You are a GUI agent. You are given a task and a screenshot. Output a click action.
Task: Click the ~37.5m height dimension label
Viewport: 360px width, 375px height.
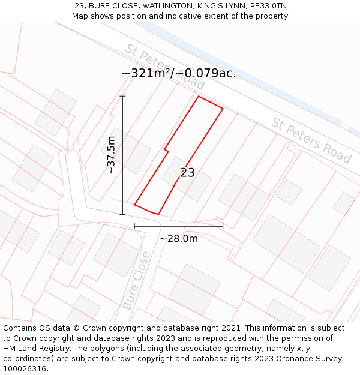[111, 155]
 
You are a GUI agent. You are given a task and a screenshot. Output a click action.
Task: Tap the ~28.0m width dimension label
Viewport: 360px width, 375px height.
[178, 238]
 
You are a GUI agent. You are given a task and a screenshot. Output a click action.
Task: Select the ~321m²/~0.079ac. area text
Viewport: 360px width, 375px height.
[178, 73]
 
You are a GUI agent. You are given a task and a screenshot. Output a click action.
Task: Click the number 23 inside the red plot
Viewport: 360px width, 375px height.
[187, 173]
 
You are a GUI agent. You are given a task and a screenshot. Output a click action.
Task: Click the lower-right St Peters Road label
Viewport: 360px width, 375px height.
[311, 140]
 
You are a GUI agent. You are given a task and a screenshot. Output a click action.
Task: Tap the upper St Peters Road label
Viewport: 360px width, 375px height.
[165, 67]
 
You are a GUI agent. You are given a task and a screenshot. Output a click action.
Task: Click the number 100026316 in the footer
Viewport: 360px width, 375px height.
[25, 368]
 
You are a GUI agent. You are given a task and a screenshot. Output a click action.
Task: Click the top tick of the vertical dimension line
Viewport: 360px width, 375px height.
[122, 96]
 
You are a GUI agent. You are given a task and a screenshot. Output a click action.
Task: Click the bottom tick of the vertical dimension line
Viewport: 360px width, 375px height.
[122, 214]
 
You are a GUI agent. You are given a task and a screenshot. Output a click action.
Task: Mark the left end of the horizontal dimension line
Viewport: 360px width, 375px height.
[134, 226]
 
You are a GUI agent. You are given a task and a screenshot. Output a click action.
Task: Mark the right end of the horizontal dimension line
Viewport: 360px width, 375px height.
[223, 226]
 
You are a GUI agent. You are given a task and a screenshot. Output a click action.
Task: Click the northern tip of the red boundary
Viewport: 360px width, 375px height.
[199, 96]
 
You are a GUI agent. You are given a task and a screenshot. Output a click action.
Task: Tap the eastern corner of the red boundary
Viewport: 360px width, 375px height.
[223, 109]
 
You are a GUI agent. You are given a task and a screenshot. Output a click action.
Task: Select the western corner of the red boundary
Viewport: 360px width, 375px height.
[134, 205]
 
